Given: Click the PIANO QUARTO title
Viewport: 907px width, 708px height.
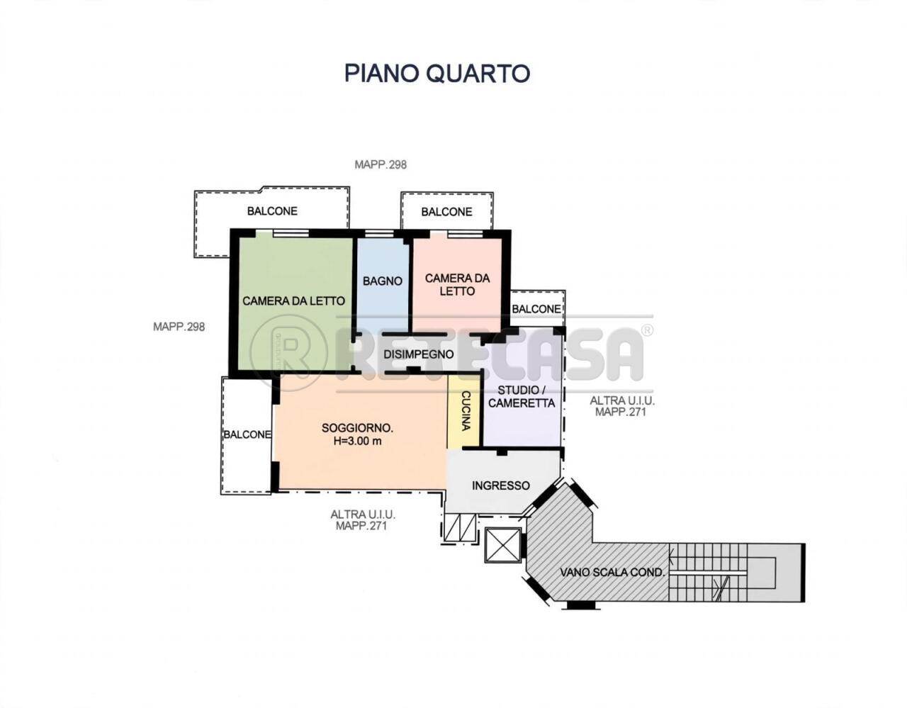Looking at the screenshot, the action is pyautogui.click(x=437, y=73).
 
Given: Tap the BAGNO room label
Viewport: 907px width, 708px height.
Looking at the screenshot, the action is pyautogui.click(x=383, y=281).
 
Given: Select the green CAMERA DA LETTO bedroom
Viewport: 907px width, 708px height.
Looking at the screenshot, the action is pyautogui.click(x=294, y=300).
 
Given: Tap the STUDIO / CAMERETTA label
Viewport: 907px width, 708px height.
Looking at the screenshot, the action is pyautogui.click(x=522, y=397).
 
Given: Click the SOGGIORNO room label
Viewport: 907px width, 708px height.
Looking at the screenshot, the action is pyautogui.click(x=358, y=428).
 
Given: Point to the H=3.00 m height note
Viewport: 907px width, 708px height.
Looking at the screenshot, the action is pyautogui.click(x=358, y=442).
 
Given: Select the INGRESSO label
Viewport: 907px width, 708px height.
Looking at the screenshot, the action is pyautogui.click(x=501, y=485).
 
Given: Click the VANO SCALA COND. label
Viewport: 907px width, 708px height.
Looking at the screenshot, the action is pyautogui.click(x=612, y=573).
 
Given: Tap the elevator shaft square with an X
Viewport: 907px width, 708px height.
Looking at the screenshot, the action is pyautogui.click(x=503, y=545).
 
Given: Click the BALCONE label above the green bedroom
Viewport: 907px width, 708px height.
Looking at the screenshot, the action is pyautogui.click(x=272, y=211).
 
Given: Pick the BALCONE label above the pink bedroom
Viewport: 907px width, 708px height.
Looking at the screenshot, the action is pyautogui.click(x=446, y=212).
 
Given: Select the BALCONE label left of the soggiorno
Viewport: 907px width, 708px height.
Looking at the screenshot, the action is pyautogui.click(x=247, y=434).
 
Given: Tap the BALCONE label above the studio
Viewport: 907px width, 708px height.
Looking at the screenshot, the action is pyautogui.click(x=536, y=309).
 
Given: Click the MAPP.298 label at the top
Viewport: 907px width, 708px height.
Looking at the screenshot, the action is pyautogui.click(x=381, y=165).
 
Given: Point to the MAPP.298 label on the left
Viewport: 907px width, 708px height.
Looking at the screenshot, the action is pyautogui.click(x=179, y=327).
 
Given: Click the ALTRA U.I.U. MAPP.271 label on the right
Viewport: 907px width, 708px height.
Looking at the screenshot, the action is pyautogui.click(x=622, y=407).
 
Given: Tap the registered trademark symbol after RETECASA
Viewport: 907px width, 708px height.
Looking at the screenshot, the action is pyautogui.click(x=648, y=330).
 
